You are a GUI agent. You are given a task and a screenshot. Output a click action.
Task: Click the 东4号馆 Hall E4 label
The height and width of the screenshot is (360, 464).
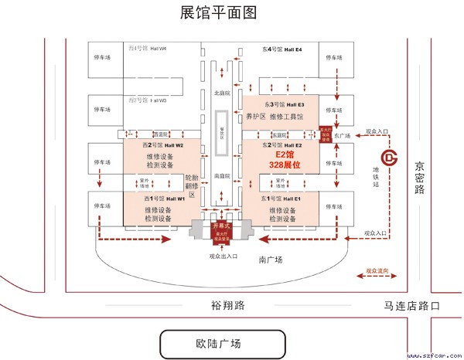(x=282, y=49)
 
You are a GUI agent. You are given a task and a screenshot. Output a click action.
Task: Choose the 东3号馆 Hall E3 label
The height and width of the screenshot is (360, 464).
(x=285, y=104)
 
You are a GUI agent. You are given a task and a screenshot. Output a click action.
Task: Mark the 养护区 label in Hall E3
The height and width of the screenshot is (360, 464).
(x=256, y=117)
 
